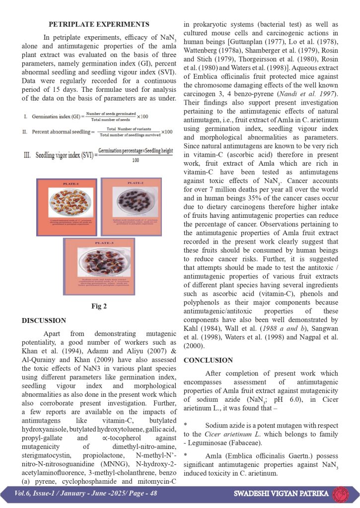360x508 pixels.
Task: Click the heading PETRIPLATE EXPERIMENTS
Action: click(99, 24)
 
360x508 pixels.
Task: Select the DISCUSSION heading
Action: click(44, 320)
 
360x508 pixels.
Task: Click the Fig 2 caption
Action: click(99, 306)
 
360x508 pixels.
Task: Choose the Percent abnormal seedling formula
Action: click(98, 132)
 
